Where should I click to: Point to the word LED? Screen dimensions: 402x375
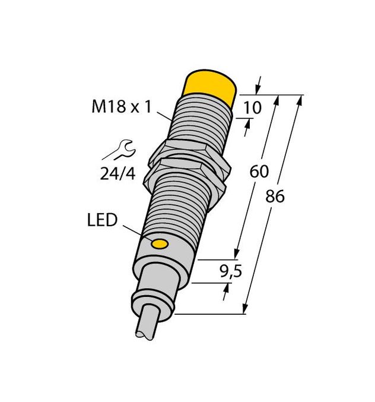click(101, 221)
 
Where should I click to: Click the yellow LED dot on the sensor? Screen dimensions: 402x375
click(158, 243)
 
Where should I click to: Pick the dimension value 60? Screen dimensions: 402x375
click(259, 172)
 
